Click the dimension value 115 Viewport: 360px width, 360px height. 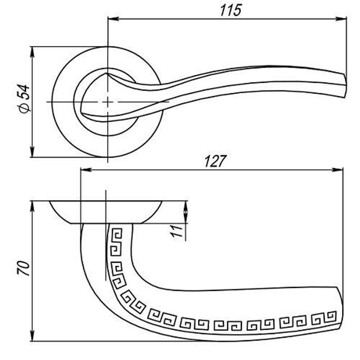[230, 10]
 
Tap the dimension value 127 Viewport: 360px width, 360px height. [215, 161]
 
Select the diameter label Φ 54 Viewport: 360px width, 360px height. [24, 99]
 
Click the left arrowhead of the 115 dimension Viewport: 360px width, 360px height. [113, 19]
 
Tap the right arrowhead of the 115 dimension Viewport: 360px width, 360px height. [341, 19]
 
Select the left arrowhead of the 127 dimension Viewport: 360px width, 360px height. [86, 170]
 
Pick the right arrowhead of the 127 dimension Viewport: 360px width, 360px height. [338, 170]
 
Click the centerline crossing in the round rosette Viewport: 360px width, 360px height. [108, 102]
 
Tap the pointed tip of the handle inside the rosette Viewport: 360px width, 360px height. [106, 74]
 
